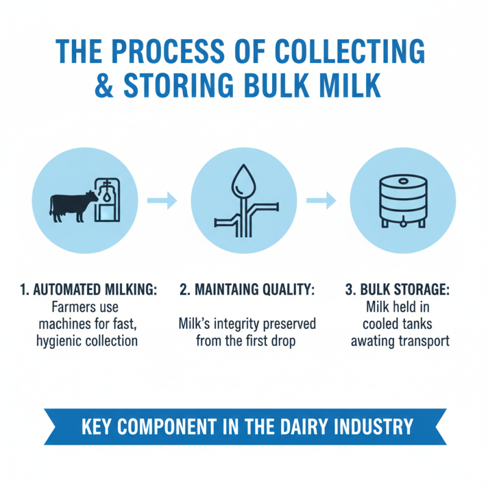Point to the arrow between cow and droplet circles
click(x=162, y=200)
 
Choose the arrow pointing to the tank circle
click(x=321, y=200)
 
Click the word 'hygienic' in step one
click(x=60, y=340)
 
